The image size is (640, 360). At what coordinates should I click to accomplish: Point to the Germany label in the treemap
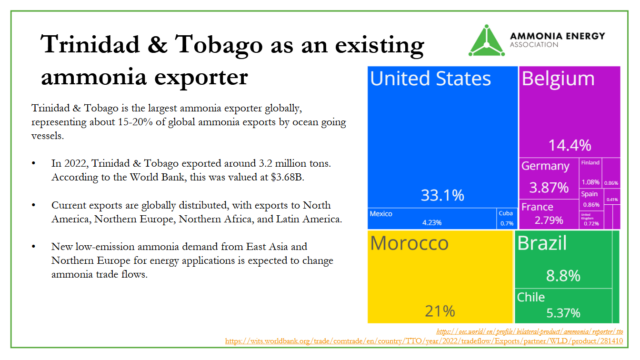(544, 166)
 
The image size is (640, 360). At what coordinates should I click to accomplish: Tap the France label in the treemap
(538, 206)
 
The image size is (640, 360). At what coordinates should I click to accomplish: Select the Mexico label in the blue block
(380, 214)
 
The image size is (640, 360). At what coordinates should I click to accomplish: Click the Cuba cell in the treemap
(505, 218)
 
